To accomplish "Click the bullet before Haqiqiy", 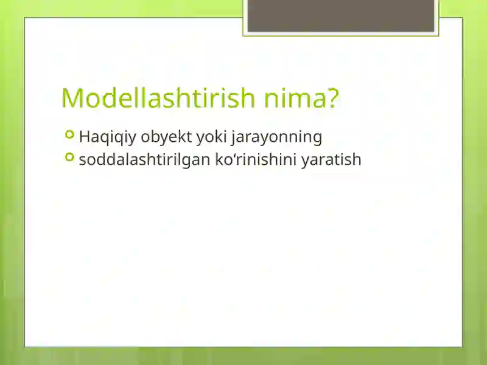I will coord(70,134).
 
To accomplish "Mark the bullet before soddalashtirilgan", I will coord(70,158).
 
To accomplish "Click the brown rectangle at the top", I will coord(341,15).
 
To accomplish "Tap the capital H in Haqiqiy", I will coord(84,137).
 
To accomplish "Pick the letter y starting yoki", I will coord(199,137).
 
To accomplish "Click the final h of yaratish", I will coord(357,160).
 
